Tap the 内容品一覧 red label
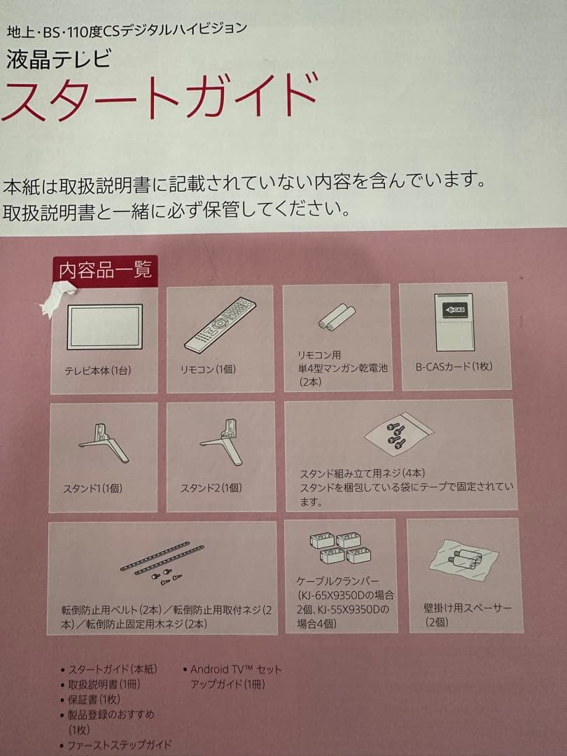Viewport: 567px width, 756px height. coord(106,270)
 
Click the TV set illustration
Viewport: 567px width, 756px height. coord(104,326)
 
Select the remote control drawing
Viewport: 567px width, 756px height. coord(220,324)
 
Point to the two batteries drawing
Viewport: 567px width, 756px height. coord(337,318)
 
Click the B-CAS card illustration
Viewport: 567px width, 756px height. coord(454,321)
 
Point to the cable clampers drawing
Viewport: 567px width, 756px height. coord(340,547)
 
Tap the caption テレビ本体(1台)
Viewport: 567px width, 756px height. coord(98,371)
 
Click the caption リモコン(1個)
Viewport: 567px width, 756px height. coord(209,370)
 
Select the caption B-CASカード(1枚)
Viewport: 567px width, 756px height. coord(454,366)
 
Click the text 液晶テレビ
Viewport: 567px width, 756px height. coord(59,59)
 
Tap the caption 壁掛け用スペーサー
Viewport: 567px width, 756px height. coord(468,608)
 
